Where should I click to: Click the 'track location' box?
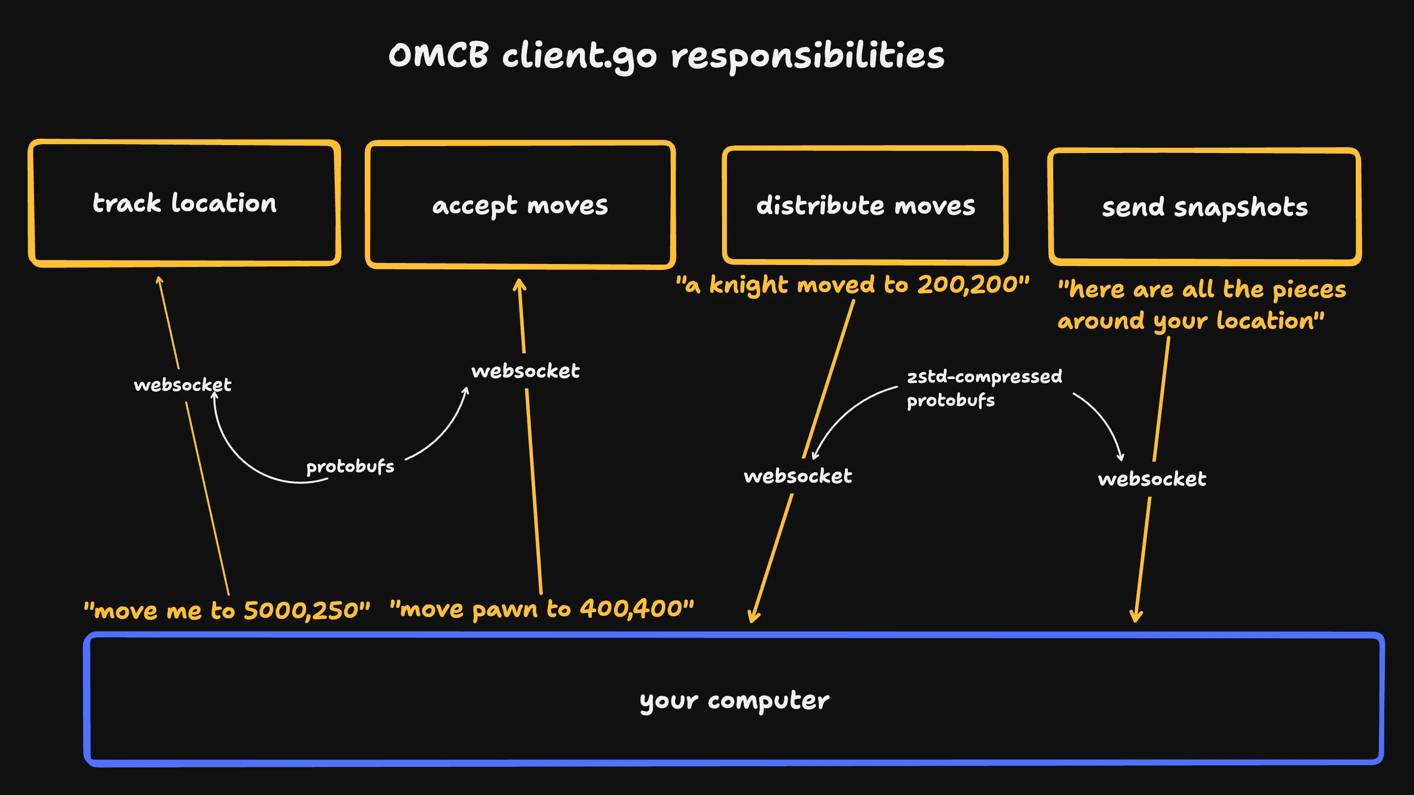tap(185, 203)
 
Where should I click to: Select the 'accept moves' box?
tap(520, 205)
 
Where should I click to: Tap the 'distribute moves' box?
tap(865, 205)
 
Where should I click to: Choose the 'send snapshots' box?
tap(1204, 207)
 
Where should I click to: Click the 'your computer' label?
tap(734, 700)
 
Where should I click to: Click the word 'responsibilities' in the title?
tap(807, 56)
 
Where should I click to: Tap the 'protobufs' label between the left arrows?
tap(349, 467)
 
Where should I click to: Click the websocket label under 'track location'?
tap(182, 384)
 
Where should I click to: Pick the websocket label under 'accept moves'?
tap(525, 371)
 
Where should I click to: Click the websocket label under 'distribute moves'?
tap(798, 475)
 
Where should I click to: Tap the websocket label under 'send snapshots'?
tap(1151, 479)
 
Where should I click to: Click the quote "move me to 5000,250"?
tap(227, 610)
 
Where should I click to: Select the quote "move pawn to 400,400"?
tap(541, 608)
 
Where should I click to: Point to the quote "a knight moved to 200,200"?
tap(852, 284)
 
